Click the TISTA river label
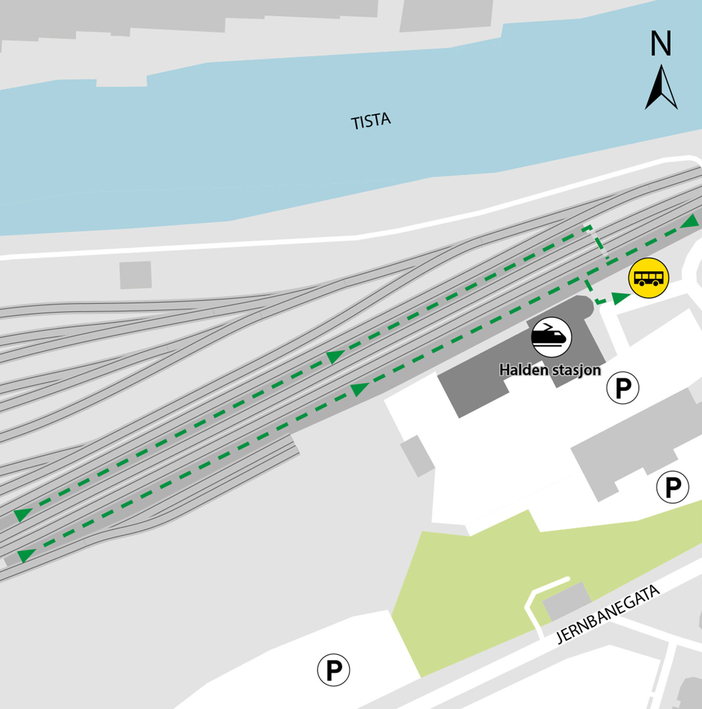click(x=371, y=121)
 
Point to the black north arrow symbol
click(x=661, y=88)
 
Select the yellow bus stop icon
click(x=648, y=278)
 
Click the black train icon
click(x=552, y=337)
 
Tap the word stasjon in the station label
click(x=576, y=371)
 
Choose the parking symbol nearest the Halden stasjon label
click(x=623, y=388)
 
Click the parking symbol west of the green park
click(x=333, y=670)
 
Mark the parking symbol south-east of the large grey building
click(x=673, y=487)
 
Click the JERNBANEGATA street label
click(x=608, y=614)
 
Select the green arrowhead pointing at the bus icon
click(x=620, y=298)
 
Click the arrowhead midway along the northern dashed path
click(x=336, y=356)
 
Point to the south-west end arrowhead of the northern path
click(x=22, y=514)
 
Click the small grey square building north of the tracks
click(x=136, y=275)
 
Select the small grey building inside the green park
click(x=566, y=601)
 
